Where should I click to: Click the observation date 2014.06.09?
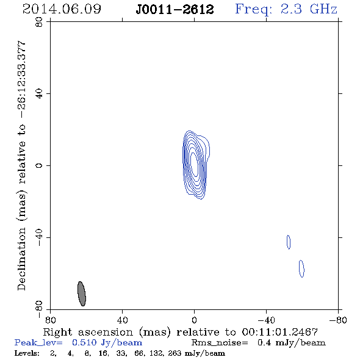pos(62,9)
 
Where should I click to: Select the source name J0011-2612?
pos(175,9)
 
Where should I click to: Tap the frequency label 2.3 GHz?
pos(309,9)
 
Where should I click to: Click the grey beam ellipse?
pos(82,293)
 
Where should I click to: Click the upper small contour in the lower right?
pos(289,242)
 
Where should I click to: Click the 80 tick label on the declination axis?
pos(39,22)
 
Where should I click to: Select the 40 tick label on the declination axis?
pos(39,94)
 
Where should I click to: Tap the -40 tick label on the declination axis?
pos(39,237)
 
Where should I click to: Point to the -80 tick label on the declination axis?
pos(39,309)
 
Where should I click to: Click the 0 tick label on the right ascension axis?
pos(194,320)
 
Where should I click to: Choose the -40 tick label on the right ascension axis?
pos(266,320)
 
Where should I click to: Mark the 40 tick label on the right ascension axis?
pos(122,320)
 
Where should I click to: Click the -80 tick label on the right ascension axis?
pos(338,320)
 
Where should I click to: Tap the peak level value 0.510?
pos(84,342)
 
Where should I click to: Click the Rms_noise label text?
pos(220,343)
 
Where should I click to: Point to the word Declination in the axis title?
pos(21,259)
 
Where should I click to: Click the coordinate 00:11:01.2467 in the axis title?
pos(279,332)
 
